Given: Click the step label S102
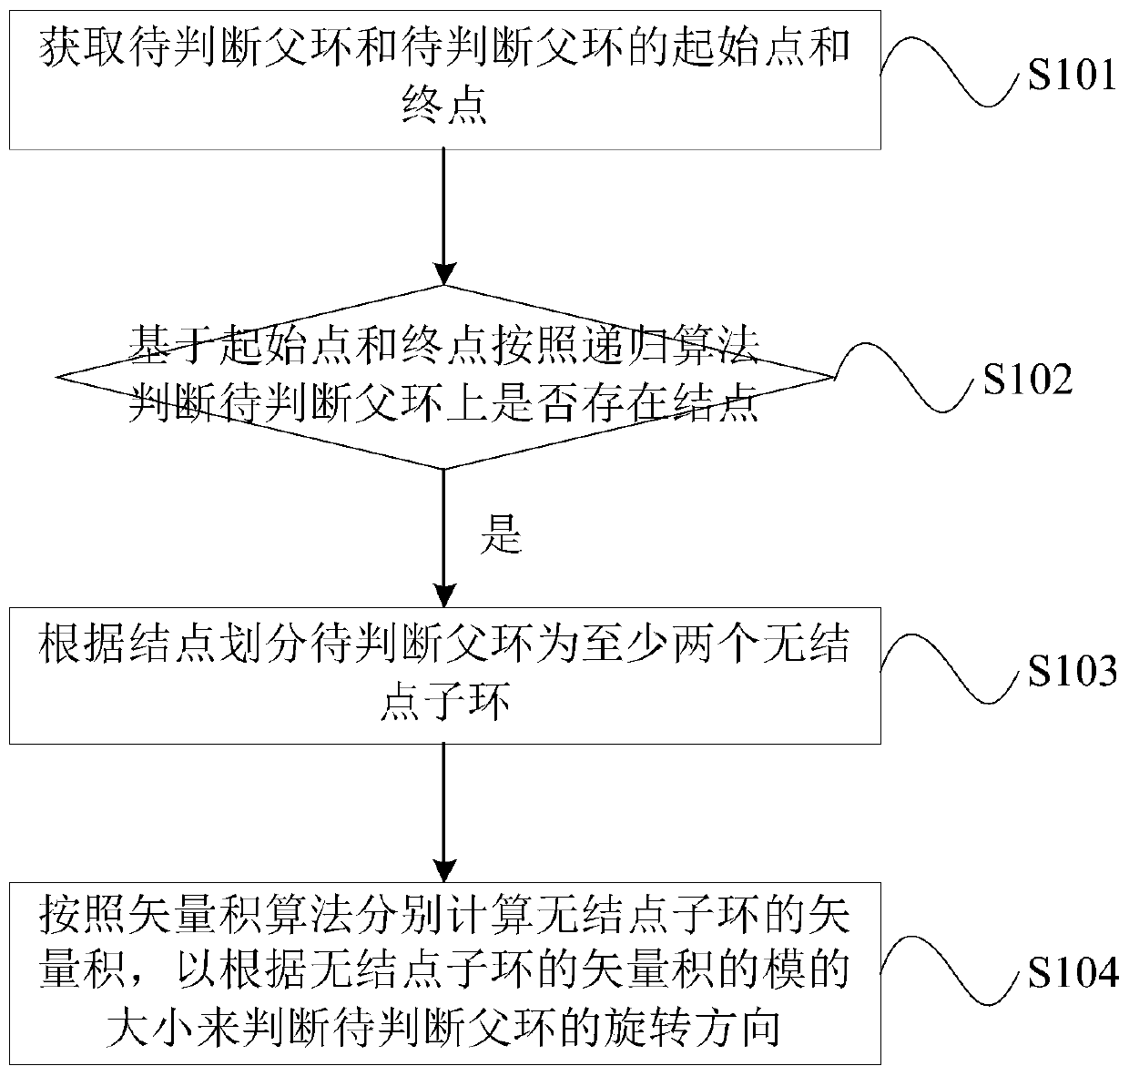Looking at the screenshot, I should (x=1028, y=381).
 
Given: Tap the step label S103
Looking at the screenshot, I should (x=1072, y=672).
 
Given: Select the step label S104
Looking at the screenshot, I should (x=1072, y=974).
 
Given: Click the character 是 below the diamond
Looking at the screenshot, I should (x=501, y=538).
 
